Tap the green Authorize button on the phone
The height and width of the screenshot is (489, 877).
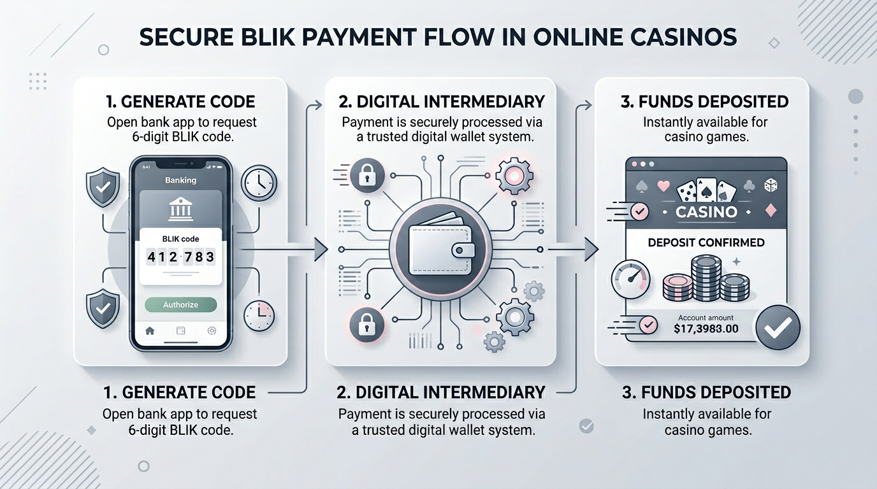[180, 304]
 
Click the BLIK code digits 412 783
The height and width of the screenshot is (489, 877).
[181, 257]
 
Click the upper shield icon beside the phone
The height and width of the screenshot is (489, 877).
[103, 187]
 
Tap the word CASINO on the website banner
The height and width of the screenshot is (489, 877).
[706, 211]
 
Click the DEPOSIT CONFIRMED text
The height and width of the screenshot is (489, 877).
[706, 243]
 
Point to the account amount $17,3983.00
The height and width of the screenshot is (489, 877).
[706, 329]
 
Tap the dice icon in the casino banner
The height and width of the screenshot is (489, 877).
[771, 185]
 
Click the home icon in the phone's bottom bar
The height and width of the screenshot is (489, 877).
[150, 330]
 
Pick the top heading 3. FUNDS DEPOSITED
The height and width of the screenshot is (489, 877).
[704, 101]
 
